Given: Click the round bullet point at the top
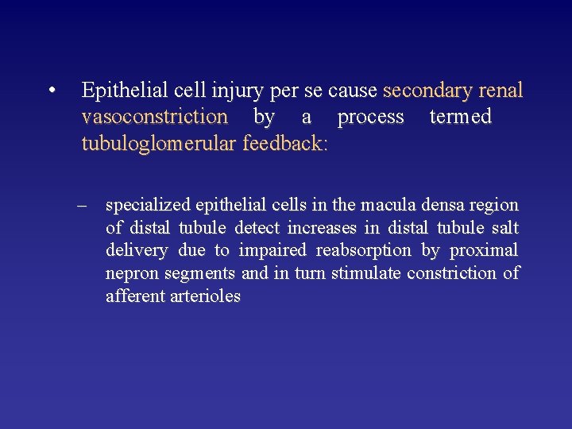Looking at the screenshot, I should (x=51, y=91).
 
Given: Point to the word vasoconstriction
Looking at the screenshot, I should (x=154, y=118).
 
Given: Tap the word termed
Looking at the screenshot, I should (x=460, y=118).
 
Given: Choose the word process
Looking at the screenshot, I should (x=370, y=118).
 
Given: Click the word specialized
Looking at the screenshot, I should (x=149, y=206).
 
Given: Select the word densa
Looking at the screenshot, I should (x=450, y=205).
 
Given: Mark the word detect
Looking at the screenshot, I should (x=257, y=228).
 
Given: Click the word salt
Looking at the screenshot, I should (x=504, y=228).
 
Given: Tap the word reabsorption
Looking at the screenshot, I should (x=363, y=251).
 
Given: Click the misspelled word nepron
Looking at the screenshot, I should (x=129, y=274).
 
